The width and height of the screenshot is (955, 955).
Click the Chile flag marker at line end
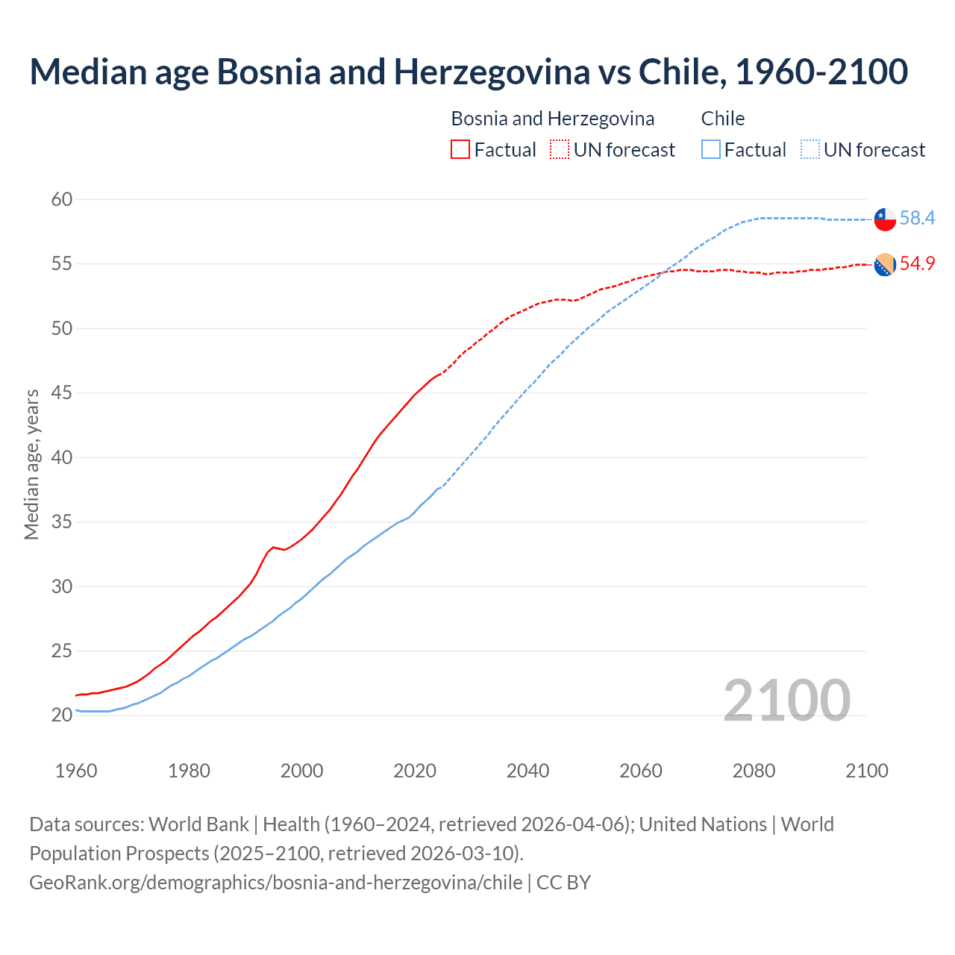coord(885,219)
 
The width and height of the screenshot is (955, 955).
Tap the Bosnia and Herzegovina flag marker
coord(885,264)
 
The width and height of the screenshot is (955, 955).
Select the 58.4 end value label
coord(917,218)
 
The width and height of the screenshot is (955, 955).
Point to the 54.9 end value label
coord(917,263)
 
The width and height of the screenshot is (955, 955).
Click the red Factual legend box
coord(460,150)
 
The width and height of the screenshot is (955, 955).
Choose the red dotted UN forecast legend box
coord(560,150)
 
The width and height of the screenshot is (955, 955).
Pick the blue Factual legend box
coord(711,150)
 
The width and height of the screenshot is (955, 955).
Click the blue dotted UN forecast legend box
coord(810,150)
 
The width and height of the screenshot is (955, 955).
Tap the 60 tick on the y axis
coord(62,199)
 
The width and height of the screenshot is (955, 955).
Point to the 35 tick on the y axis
coord(62,522)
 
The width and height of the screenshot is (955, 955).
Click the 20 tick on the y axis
coord(62,715)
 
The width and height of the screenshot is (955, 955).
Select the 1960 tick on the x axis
coord(76,771)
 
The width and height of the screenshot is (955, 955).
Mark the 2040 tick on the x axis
coord(527,771)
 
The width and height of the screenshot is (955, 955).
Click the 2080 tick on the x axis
coord(754,771)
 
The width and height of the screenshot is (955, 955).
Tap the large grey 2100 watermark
coord(786,700)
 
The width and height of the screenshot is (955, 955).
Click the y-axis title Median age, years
coord(31,464)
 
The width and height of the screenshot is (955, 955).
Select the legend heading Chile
coord(722,119)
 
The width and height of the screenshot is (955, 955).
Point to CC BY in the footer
coord(563,882)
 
